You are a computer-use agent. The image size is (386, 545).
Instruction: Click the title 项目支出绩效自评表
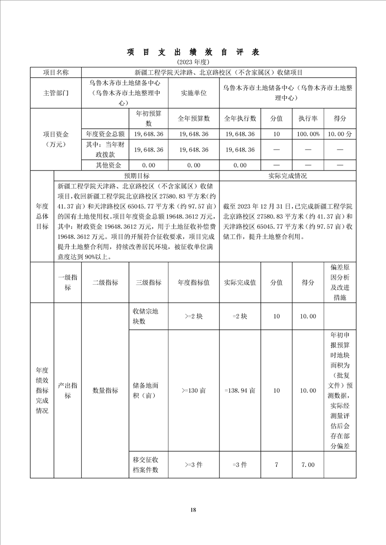tap(193, 52)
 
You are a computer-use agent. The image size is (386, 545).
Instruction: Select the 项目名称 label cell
tap(56, 72)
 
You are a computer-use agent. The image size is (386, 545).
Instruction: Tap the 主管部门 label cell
tap(56, 92)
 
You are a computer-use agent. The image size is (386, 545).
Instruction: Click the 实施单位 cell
tap(194, 92)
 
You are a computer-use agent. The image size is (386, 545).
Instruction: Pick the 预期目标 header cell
tap(137, 176)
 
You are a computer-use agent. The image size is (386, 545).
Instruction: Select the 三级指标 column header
tap(148, 282)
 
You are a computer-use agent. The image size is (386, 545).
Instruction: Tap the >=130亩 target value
tap(194, 390)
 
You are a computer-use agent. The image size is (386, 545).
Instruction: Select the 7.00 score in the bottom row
tap(308, 465)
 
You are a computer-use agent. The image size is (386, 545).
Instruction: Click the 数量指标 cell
tap(105, 390)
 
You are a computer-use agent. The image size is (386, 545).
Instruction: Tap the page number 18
tap(193, 510)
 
